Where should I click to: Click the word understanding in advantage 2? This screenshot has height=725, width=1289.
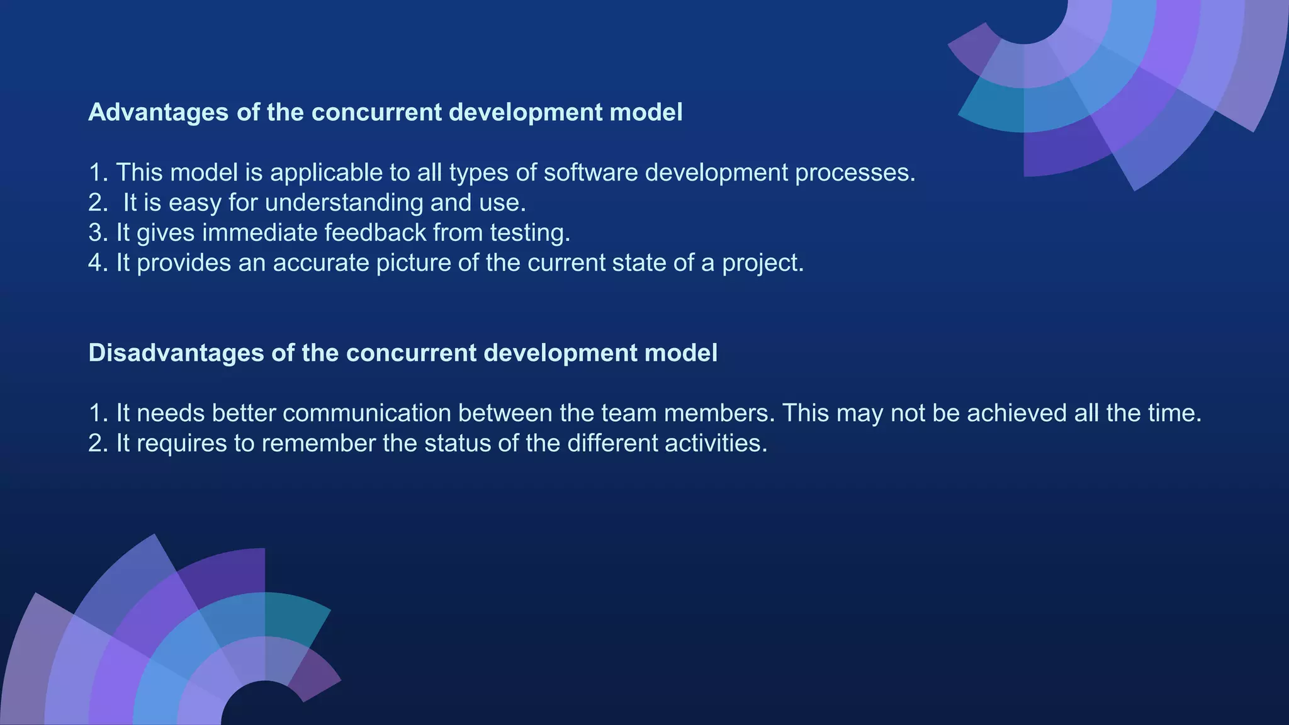point(344,203)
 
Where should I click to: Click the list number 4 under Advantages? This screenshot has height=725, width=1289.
point(96,263)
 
